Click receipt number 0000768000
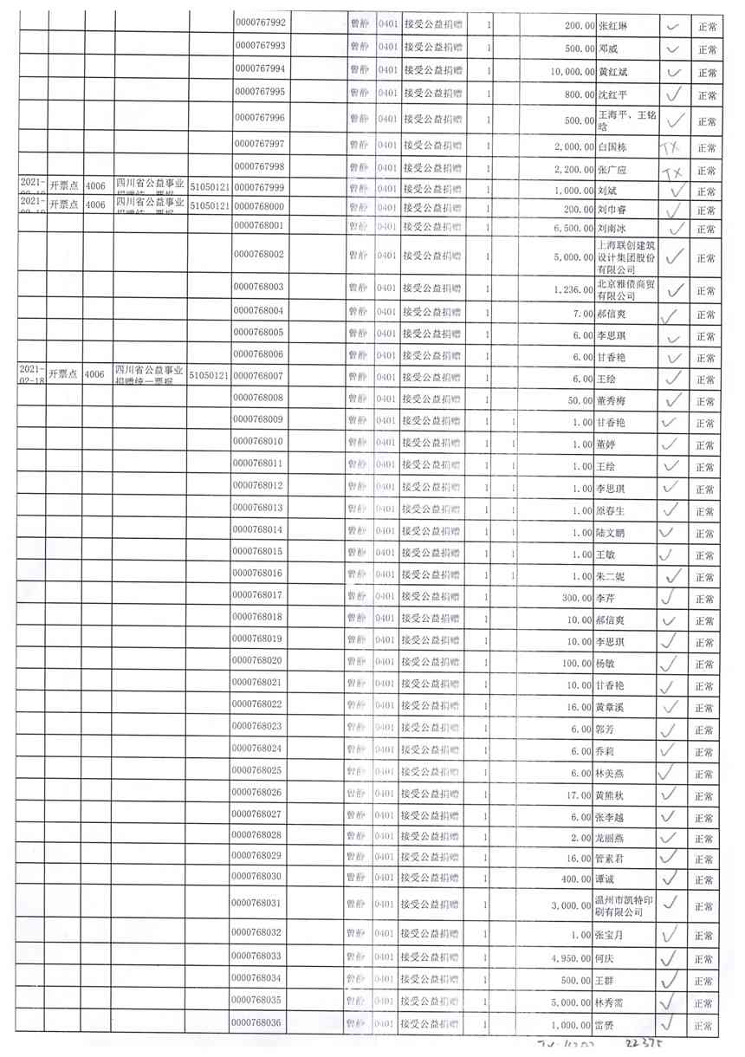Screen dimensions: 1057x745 pos(261,207)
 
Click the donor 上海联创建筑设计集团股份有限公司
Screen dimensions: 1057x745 pos(628,258)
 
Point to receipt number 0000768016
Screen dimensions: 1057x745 pos(261,574)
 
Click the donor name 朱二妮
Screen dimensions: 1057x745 pos(611,575)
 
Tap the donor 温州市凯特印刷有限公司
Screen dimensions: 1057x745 pos(628,905)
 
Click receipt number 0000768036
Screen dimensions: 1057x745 pos(261,1023)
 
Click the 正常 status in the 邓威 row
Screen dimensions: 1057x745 pos(706,49)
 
